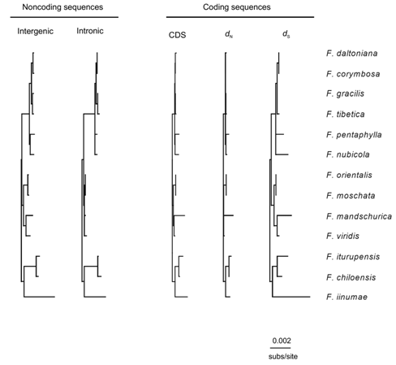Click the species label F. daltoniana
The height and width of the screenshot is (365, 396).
(x=351, y=53)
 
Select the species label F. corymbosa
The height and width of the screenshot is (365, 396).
(x=353, y=74)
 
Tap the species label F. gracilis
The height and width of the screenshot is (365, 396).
(x=345, y=93)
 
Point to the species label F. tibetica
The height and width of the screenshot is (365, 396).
(x=346, y=114)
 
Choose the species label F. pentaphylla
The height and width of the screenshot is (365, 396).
(x=354, y=135)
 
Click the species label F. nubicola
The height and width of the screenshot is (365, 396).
(x=348, y=154)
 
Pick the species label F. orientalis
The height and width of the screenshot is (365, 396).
(x=349, y=175)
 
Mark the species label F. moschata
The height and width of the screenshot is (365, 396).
(x=351, y=196)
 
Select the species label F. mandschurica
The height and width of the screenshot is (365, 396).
(x=359, y=216)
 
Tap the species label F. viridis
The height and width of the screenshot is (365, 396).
(x=342, y=236)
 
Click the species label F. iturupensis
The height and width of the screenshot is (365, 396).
(x=353, y=257)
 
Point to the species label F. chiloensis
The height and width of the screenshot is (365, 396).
(x=351, y=277)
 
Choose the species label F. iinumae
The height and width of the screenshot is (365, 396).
(x=346, y=297)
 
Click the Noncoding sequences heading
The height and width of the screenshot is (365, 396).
(x=62, y=7)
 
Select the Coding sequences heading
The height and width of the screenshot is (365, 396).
(x=237, y=7)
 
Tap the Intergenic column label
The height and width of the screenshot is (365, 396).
(x=35, y=31)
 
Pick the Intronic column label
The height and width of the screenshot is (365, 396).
(x=90, y=31)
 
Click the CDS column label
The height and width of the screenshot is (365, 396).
(x=177, y=35)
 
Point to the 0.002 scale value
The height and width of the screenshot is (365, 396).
(x=282, y=341)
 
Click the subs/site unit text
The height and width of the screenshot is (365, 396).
(x=283, y=356)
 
